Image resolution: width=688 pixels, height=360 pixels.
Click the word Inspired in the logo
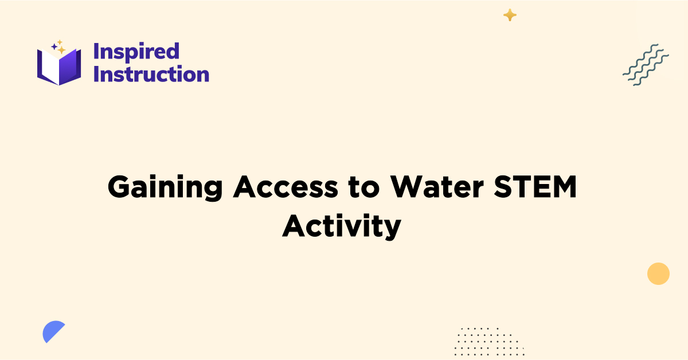(136, 52)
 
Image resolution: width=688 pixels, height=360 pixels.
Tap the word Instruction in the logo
(151, 74)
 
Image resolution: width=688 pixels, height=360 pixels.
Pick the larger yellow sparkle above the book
(61, 49)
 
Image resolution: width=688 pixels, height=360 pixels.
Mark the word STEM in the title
(537, 187)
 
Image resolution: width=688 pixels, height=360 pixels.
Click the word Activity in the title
(341, 227)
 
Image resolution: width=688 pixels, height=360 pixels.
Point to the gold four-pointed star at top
(510, 15)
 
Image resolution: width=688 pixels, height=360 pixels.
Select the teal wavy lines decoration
(646, 64)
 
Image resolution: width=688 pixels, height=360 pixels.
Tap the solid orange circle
(658, 273)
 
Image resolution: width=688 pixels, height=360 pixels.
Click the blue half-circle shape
(52, 331)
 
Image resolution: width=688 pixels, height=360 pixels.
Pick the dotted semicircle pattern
(488, 341)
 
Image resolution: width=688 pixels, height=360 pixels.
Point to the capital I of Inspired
(96, 52)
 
